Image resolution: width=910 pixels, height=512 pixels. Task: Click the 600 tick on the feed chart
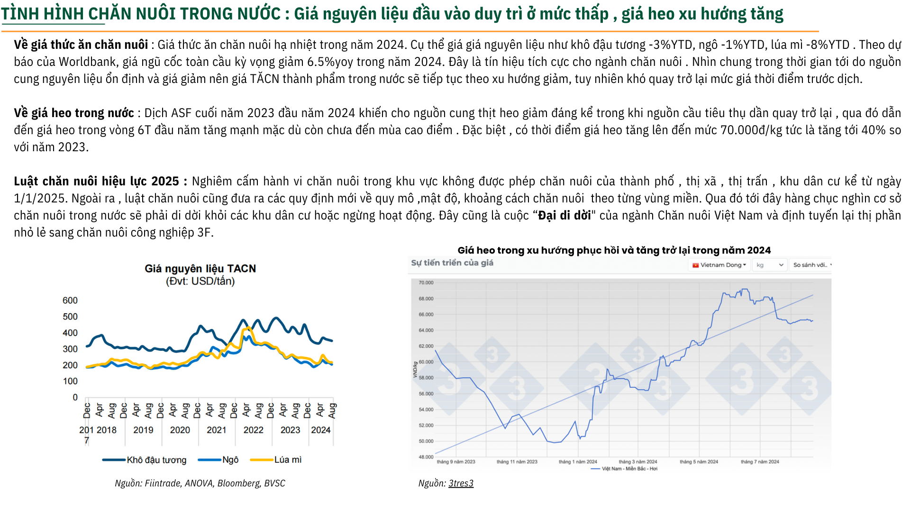70,301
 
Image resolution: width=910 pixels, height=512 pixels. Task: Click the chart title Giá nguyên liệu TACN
200,269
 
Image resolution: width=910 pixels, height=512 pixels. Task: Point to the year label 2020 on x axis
180,430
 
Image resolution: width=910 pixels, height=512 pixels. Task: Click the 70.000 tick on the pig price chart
426,283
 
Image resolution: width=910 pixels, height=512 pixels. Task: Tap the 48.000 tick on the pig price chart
426,457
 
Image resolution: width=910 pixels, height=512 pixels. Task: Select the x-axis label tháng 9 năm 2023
455,462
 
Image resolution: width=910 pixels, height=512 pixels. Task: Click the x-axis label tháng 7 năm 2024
760,462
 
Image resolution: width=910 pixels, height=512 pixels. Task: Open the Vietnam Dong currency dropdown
719,265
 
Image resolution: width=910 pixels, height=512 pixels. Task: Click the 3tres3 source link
461,483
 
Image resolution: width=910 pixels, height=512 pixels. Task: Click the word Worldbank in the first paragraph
87,62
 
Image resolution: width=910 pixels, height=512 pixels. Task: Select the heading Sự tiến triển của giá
452,263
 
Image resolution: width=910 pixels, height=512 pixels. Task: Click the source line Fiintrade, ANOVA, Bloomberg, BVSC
200,483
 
